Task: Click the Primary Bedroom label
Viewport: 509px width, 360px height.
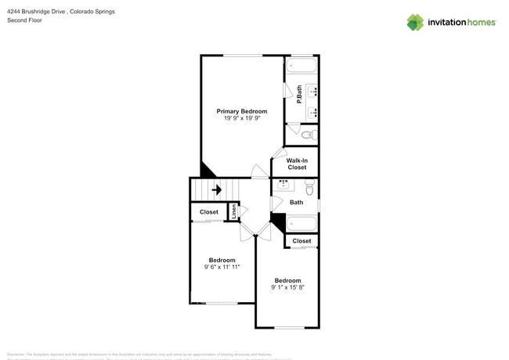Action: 241,111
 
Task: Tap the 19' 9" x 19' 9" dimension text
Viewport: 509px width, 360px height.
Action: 241,119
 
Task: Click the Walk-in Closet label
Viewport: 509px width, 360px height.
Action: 297,164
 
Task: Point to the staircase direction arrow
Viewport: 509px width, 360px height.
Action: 216,189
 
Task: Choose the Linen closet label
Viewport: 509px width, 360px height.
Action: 233,211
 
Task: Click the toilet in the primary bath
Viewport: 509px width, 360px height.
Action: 309,135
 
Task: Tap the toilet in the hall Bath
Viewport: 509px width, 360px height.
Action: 309,188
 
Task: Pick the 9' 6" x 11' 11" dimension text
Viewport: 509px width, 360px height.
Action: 222,267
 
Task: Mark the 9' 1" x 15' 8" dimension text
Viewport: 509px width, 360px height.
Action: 287,287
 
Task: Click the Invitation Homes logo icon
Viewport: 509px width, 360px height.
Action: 415,22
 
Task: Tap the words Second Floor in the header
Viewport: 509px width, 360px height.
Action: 24,20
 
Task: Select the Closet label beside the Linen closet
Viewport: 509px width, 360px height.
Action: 208,212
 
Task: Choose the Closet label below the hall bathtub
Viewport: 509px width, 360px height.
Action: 301,241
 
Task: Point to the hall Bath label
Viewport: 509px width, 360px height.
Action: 296,203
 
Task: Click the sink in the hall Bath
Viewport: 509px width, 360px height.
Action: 283,185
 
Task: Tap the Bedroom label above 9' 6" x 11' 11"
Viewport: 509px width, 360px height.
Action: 222,260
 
